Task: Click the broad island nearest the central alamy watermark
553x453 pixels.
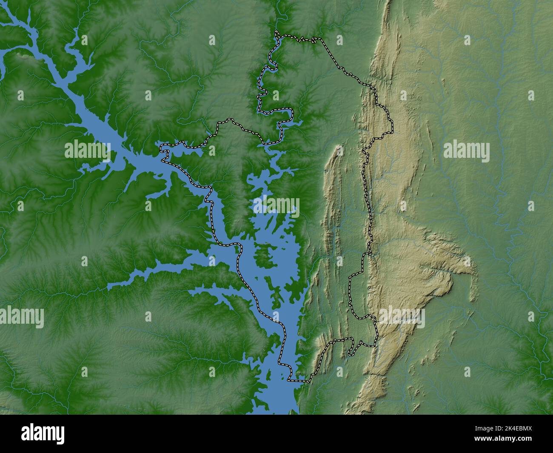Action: (264, 255)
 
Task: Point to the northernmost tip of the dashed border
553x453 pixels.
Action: (276, 32)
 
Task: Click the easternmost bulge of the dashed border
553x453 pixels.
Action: (392, 125)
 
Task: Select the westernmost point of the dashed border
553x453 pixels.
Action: (161, 148)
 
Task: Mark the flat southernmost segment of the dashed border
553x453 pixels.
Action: (298, 381)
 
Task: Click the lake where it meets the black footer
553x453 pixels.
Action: (276, 410)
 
